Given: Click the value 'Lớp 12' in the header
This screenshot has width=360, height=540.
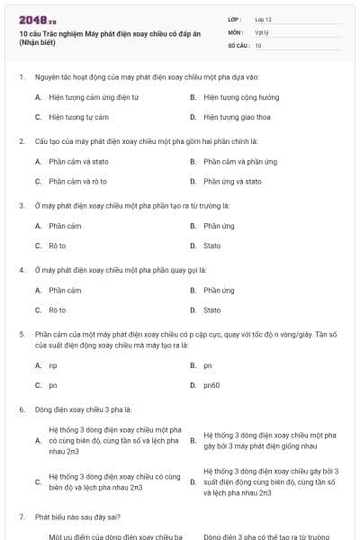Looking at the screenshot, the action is [263, 19].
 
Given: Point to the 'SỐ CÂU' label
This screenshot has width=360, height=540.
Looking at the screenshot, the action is [238, 45].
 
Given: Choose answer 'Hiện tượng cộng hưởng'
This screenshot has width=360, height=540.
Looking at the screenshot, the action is [241, 97].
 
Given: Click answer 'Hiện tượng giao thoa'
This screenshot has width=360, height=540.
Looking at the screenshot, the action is [238, 117].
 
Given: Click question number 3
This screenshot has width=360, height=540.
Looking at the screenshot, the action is [21, 205].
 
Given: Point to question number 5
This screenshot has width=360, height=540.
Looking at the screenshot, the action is [21, 334].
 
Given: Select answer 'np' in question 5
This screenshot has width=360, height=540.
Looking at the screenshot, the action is [53, 365].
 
